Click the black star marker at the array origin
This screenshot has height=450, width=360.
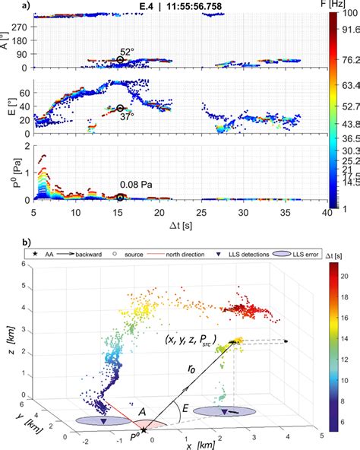coord(144,431)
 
